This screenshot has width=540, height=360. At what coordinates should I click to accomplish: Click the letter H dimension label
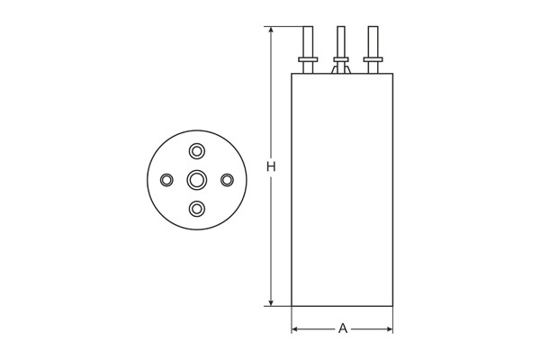(x=271, y=166)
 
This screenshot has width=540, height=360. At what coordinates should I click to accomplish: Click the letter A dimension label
(x=342, y=328)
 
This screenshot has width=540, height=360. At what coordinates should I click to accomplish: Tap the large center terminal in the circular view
(x=196, y=180)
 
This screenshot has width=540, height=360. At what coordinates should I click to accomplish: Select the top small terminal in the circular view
(x=196, y=150)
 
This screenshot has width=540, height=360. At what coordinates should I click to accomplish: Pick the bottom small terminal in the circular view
(x=196, y=210)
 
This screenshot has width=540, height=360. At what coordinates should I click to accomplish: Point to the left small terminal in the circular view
(x=166, y=180)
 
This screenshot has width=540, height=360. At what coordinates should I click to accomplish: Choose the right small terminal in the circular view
(x=227, y=180)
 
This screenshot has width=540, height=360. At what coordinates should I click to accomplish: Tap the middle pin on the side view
(x=341, y=41)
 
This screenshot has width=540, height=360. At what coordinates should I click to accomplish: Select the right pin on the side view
(x=373, y=41)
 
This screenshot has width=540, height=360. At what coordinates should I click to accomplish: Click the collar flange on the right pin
(x=373, y=60)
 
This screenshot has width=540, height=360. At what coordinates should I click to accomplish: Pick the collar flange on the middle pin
(x=341, y=60)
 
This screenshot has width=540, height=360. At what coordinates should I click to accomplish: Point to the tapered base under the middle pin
(x=341, y=68)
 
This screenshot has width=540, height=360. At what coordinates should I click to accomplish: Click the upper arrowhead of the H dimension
(x=271, y=31)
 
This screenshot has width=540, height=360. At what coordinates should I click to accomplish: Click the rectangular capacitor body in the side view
(x=342, y=189)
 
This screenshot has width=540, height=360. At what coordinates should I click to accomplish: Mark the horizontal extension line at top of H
(x=286, y=27)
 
